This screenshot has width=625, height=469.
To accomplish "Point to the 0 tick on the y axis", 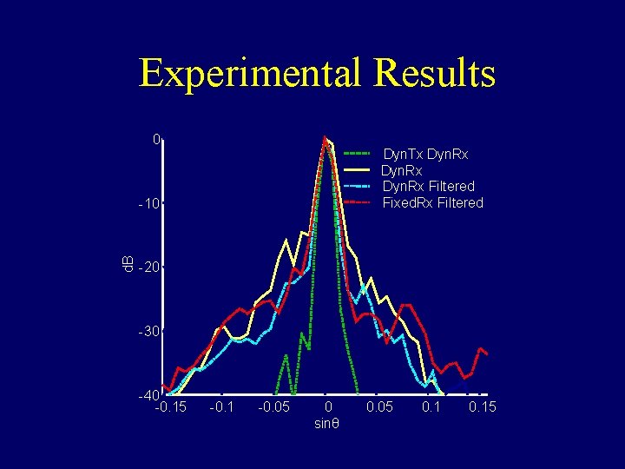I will pyautogui.click(x=156, y=140).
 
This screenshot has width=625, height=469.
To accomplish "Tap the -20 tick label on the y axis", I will pyautogui.click(x=149, y=268).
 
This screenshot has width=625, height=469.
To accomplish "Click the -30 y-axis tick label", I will pyautogui.click(x=149, y=332).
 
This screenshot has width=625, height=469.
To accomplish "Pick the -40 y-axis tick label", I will pyautogui.click(x=149, y=396).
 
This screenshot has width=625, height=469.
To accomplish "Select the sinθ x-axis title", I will pyautogui.click(x=327, y=424).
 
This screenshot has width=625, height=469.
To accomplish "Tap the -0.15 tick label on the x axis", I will pyautogui.click(x=169, y=407).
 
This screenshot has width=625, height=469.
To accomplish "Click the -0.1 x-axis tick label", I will pyautogui.click(x=221, y=407).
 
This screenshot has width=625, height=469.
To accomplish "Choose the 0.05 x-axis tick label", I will pyautogui.click(x=379, y=407).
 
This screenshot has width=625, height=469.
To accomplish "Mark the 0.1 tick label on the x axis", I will pyautogui.click(x=431, y=407).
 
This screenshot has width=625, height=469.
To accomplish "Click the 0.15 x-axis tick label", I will pyautogui.click(x=483, y=407).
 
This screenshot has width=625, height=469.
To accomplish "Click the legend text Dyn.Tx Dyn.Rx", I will pyautogui.click(x=425, y=155).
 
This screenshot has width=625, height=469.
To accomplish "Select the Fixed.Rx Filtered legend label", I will pyautogui.click(x=432, y=203).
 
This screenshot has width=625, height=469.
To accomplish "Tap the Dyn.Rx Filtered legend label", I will pyautogui.click(x=428, y=187).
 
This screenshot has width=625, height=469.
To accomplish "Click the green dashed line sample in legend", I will pyautogui.click(x=358, y=154).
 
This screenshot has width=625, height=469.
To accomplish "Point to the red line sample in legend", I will pyautogui.click(x=358, y=202).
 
